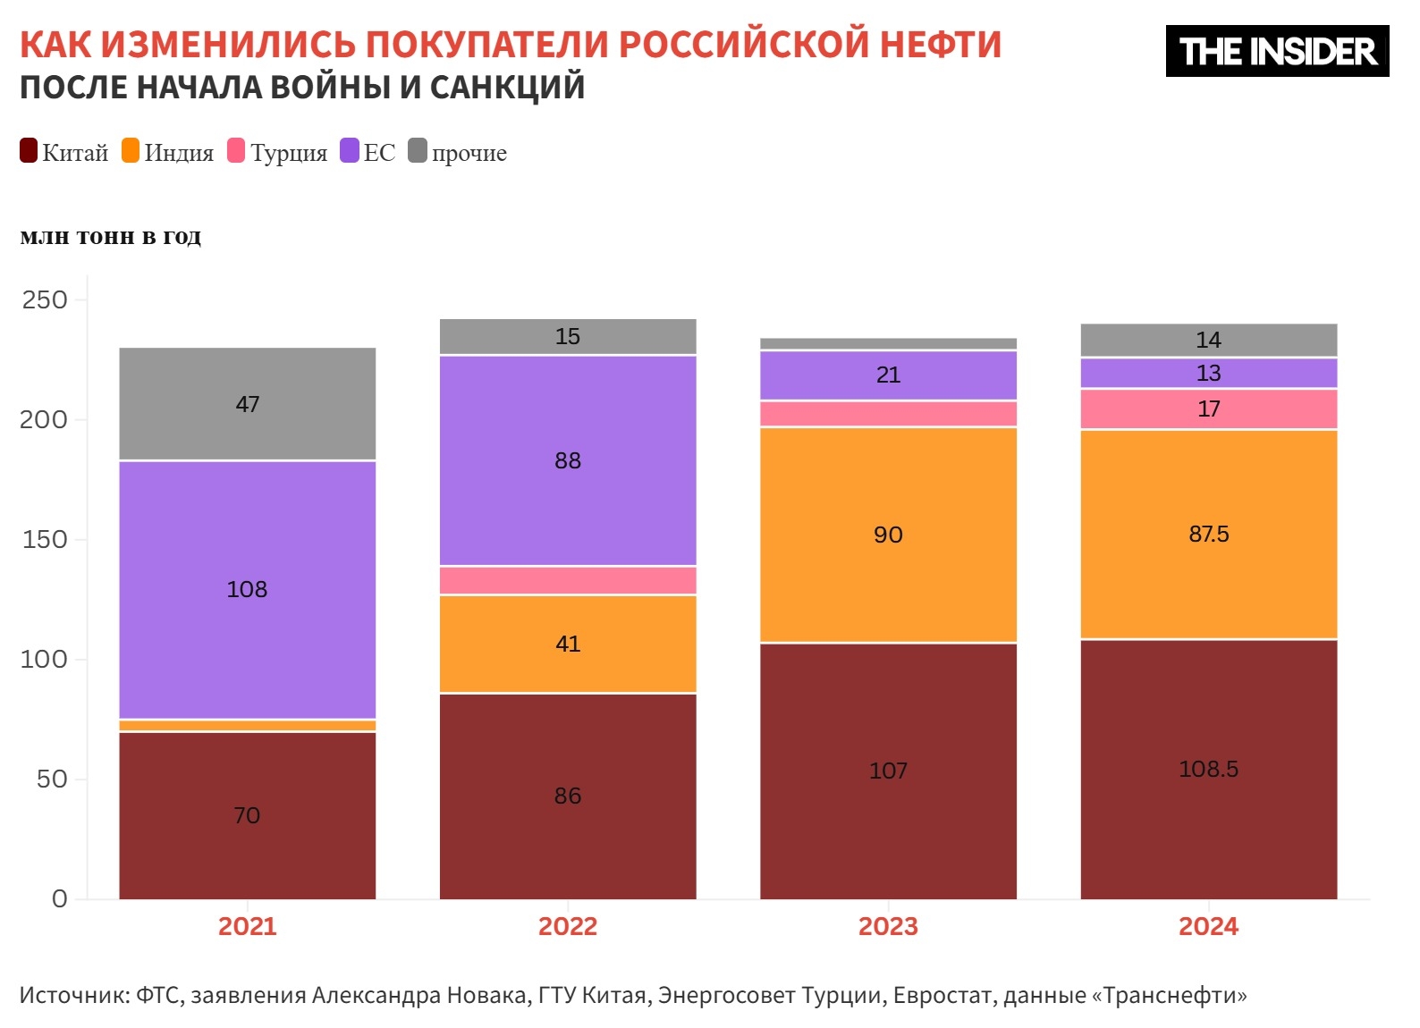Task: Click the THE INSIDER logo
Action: point(1276,51)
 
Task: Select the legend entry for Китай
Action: point(64,153)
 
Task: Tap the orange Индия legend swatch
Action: point(131,151)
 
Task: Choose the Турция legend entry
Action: point(278,153)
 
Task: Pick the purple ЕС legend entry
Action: point(368,153)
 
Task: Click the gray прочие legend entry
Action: point(458,153)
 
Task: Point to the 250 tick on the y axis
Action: point(45,300)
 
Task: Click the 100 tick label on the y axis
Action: point(45,660)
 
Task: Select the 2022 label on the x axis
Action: point(568,926)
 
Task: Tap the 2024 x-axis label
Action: point(1208,926)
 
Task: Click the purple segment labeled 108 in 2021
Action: point(247,589)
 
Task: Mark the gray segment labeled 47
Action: point(247,404)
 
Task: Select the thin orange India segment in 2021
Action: point(247,726)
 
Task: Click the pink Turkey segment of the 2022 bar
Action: point(568,581)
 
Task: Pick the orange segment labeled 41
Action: point(568,644)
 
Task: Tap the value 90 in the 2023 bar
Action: point(888,535)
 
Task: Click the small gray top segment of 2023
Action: point(888,344)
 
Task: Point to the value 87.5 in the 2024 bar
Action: point(1208,534)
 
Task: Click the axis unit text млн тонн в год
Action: point(111,237)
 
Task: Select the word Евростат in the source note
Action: point(942,995)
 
